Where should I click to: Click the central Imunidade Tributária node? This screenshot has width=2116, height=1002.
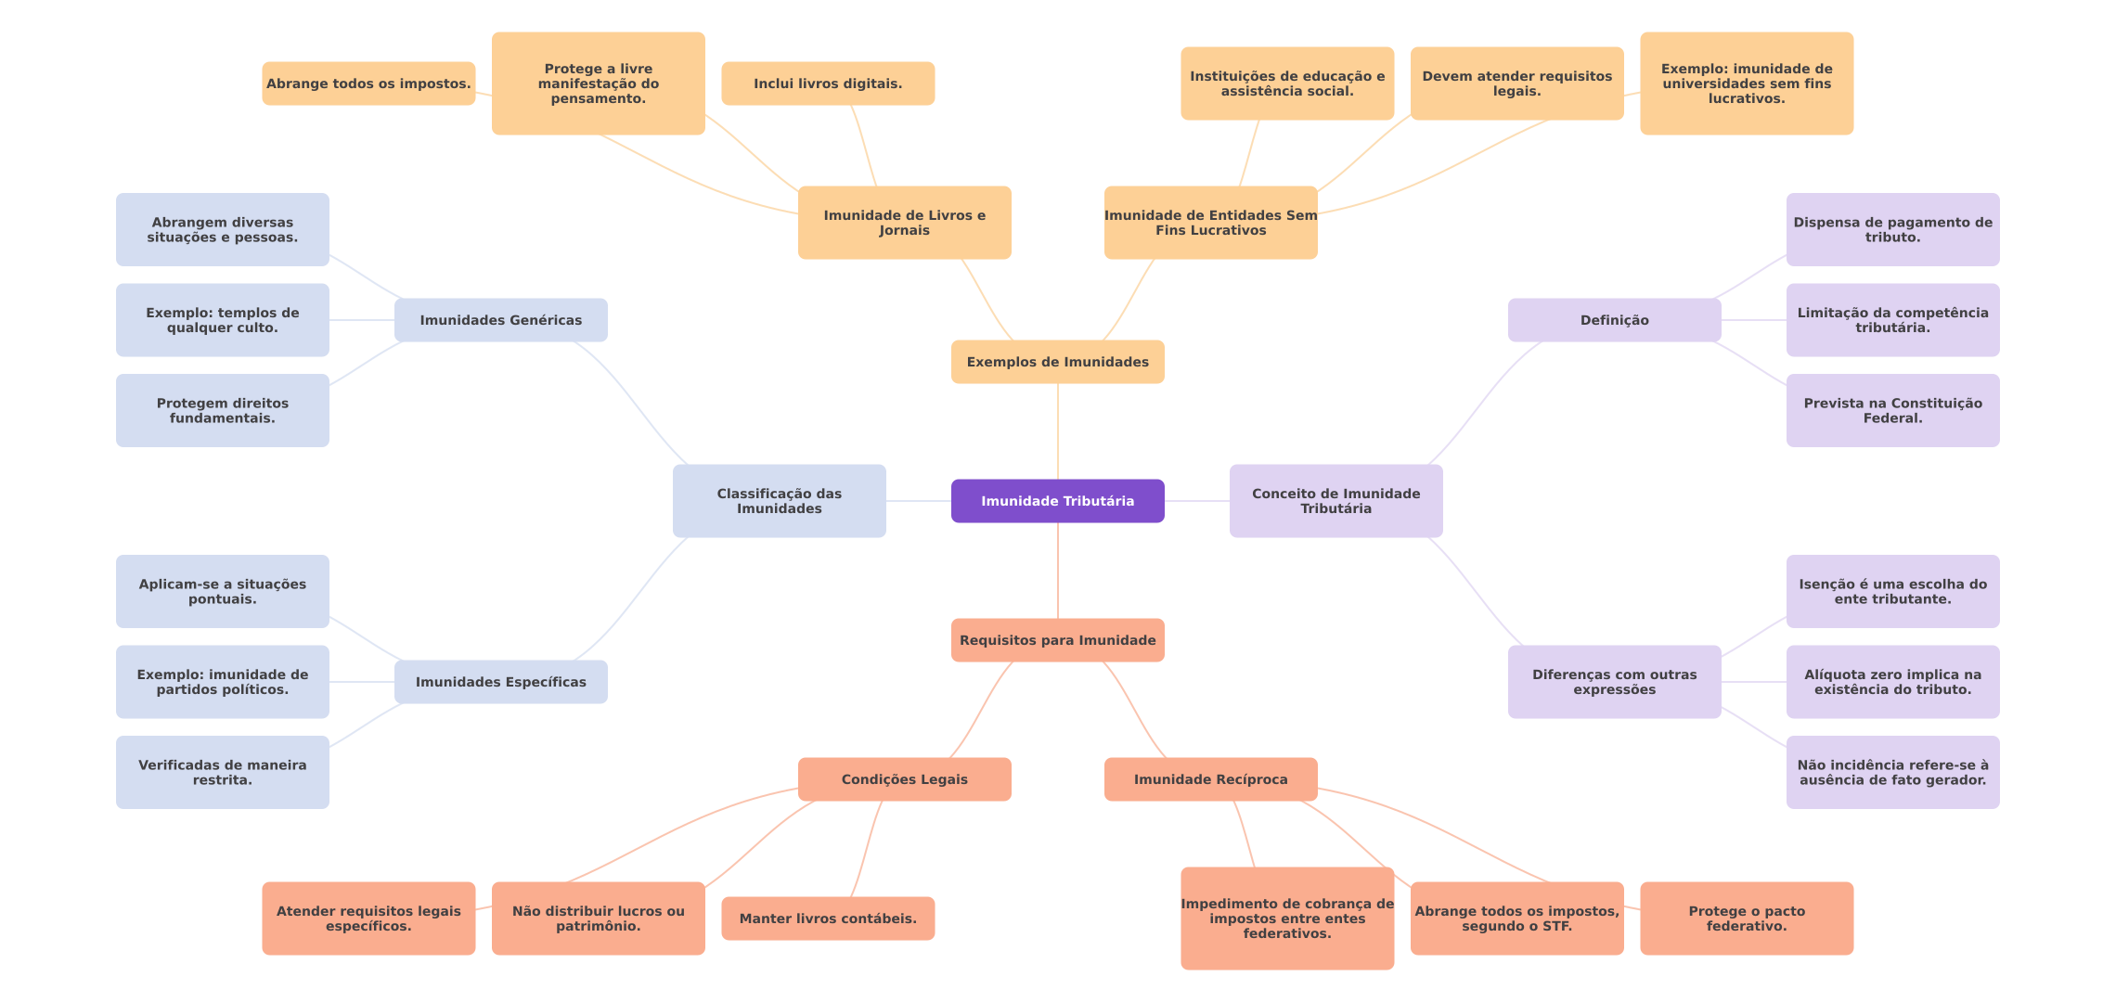click(x=1057, y=501)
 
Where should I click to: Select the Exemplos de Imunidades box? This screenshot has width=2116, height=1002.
click(x=1057, y=362)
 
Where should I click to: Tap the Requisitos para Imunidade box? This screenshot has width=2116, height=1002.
click(x=1057, y=640)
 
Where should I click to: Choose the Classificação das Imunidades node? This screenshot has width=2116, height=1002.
click(x=779, y=501)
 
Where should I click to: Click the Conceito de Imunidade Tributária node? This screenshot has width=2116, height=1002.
click(x=1335, y=501)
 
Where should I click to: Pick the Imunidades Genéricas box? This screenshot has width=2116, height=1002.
click(x=500, y=320)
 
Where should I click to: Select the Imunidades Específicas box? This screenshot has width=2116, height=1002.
click(x=500, y=682)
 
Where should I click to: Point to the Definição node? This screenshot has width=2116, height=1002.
click(x=1614, y=320)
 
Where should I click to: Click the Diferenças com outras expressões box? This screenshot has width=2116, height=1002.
click(x=1614, y=682)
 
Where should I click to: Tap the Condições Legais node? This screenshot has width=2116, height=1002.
click(x=904, y=779)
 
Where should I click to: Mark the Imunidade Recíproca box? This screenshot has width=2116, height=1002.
click(x=1210, y=779)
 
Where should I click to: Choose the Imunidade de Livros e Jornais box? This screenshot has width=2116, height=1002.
click(x=904, y=223)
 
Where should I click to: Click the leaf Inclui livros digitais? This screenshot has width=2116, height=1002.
click(x=828, y=83)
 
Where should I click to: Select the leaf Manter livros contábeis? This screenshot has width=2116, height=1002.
click(x=828, y=918)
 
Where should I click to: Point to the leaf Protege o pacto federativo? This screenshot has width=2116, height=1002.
click(x=1747, y=918)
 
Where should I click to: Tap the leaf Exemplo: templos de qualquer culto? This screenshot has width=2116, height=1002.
click(x=222, y=320)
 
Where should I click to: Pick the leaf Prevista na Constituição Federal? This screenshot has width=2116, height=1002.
click(x=1892, y=410)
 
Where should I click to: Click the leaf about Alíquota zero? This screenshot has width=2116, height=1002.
click(x=1892, y=682)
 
